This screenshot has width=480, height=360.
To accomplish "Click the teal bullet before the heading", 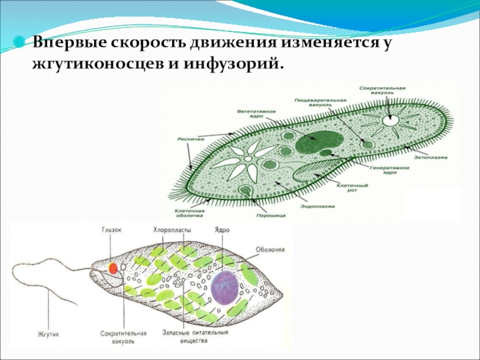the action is (20, 44).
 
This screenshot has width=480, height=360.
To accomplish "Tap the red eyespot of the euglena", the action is (112, 267).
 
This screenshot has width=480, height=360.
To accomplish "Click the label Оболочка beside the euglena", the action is (269, 249).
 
